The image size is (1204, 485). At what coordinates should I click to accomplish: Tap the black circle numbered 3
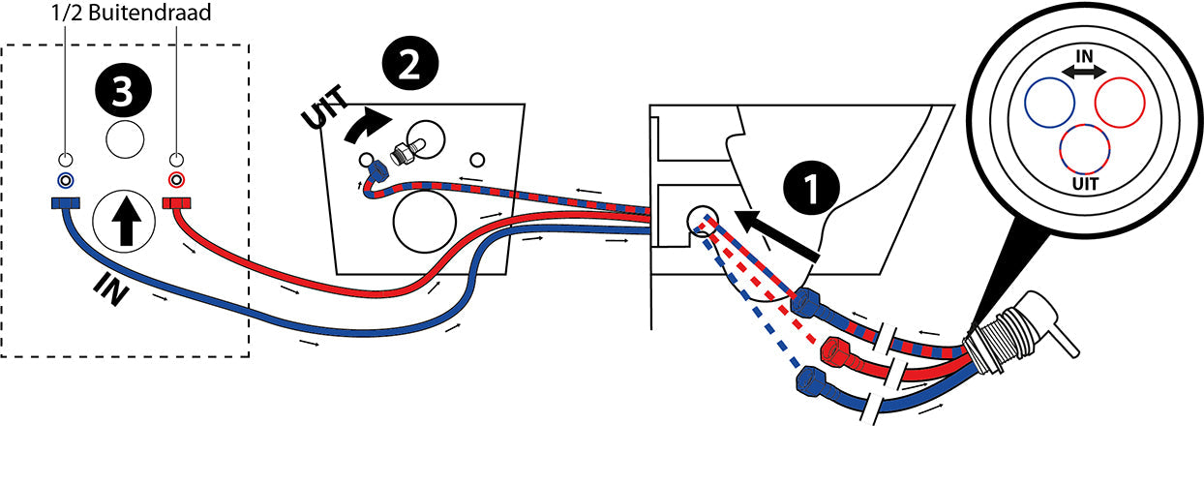(122, 93)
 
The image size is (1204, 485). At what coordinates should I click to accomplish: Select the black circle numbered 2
(408, 64)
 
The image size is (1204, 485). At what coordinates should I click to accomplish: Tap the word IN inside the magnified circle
(1084, 57)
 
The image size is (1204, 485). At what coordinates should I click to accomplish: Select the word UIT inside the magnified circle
(1084, 182)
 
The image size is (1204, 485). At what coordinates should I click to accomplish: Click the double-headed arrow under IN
(1084, 73)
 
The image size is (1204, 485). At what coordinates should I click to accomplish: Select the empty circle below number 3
(124, 141)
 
